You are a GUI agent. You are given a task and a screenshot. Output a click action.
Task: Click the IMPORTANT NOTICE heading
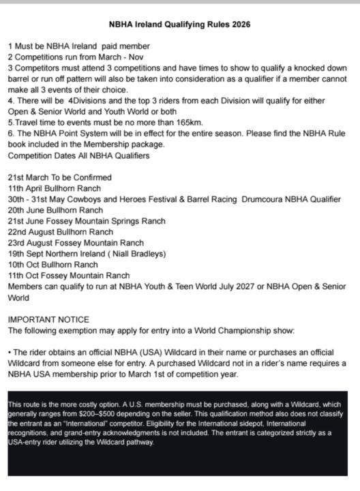[48, 319]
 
